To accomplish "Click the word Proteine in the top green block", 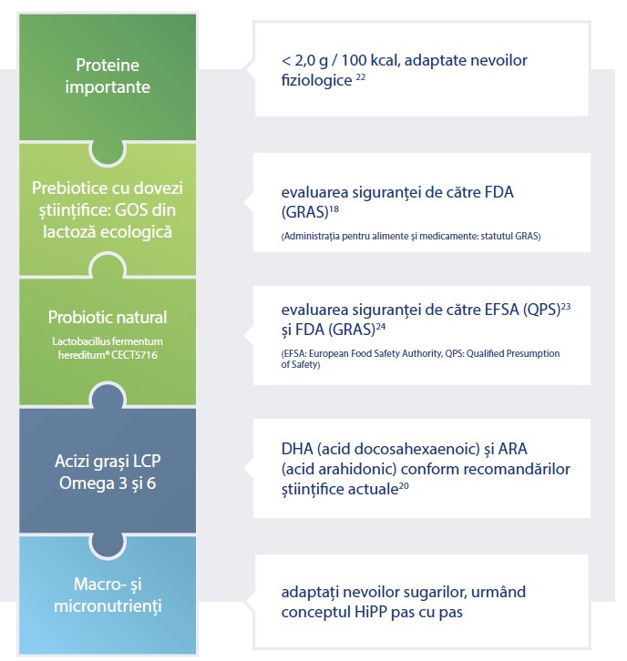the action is click(108, 65).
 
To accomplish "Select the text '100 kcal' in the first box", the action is click(370, 60).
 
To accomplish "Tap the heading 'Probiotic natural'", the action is click(108, 317).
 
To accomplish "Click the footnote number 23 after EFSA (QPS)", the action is click(566, 306).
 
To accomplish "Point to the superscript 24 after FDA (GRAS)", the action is click(381, 326).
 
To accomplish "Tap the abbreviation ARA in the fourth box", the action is click(513, 449).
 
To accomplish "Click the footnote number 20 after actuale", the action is click(404, 485).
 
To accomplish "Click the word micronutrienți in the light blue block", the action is click(108, 606).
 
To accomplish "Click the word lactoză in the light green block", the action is click(69, 232).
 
